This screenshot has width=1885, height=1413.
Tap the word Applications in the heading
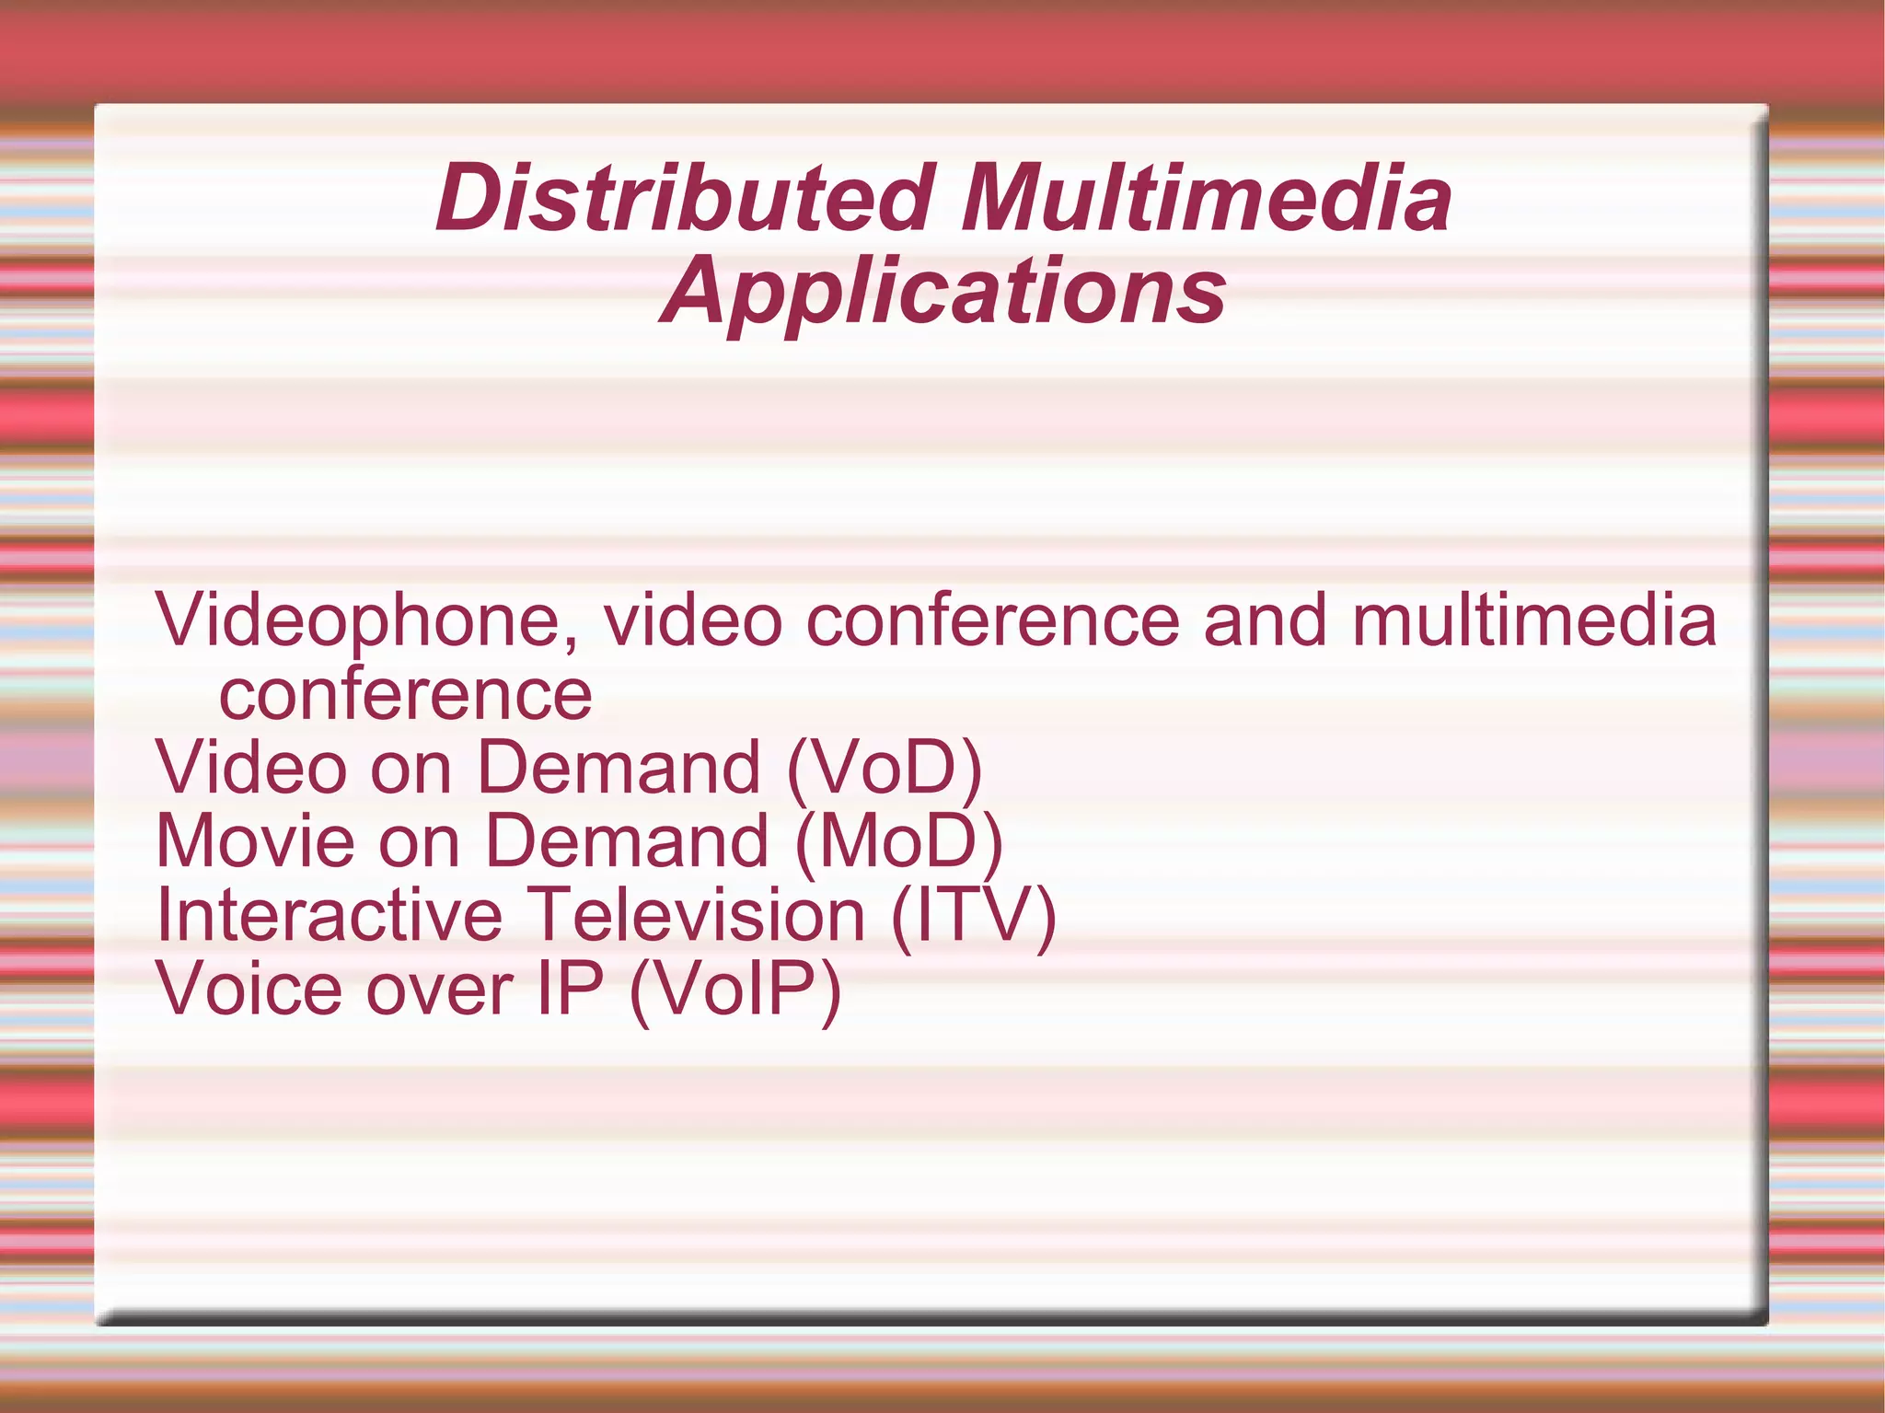coord(943,292)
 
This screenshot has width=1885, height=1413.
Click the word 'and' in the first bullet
coord(1266,620)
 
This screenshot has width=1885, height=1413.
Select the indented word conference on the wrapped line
coord(405,695)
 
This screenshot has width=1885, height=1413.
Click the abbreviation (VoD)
coord(885,769)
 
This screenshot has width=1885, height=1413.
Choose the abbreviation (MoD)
coord(898,841)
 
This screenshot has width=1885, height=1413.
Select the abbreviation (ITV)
coord(974,917)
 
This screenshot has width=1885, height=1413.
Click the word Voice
coord(249,990)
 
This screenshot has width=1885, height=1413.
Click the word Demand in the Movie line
coord(627,841)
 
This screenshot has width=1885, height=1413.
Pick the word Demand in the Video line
coord(619,769)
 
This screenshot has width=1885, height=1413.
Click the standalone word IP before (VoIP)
coord(570,990)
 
